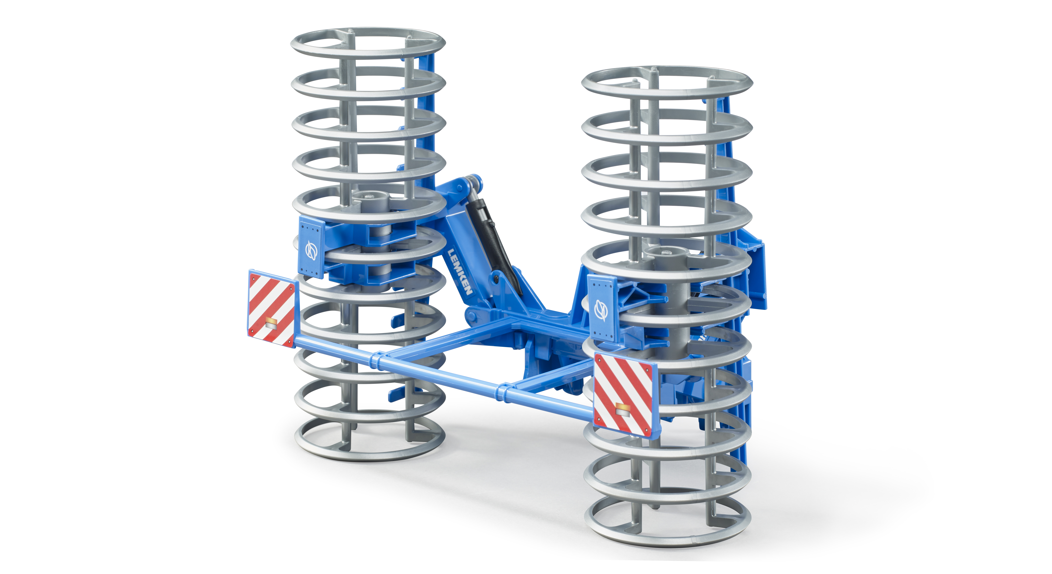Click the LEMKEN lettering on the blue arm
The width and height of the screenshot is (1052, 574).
(460, 272)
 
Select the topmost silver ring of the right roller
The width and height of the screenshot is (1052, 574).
(667, 84)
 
